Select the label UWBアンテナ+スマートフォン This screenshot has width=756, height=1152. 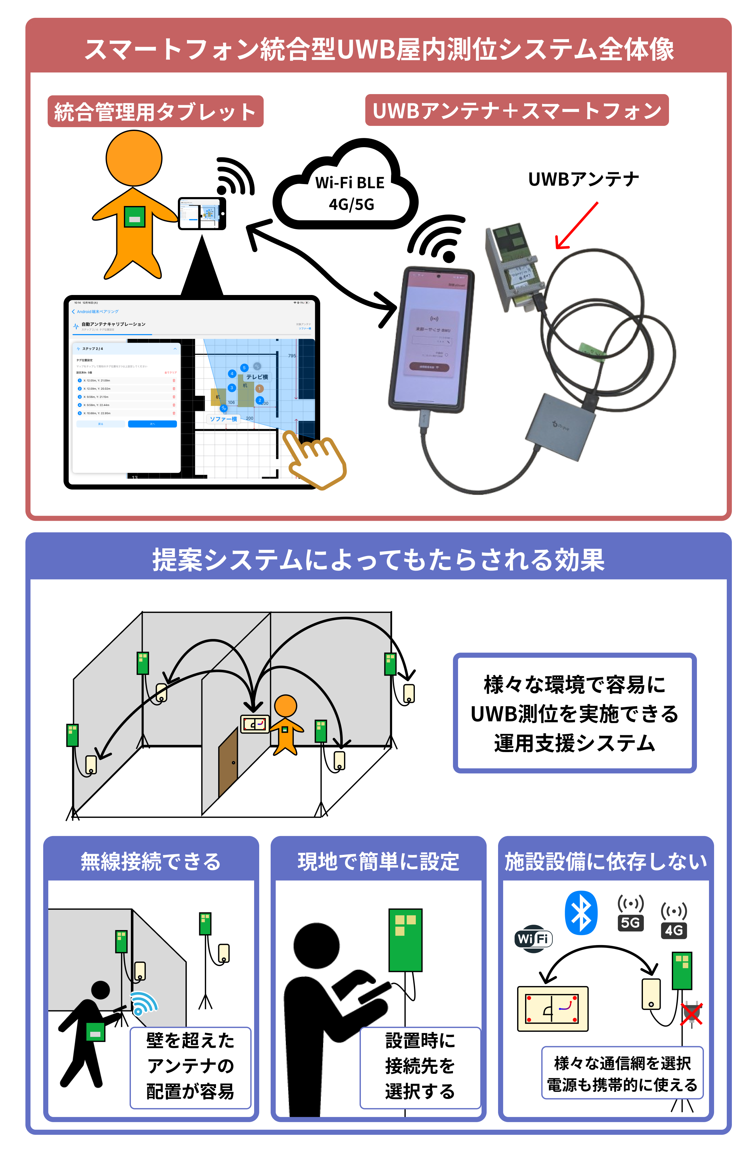pyautogui.click(x=516, y=110)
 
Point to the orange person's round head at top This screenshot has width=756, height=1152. pyautogui.click(x=134, y=158)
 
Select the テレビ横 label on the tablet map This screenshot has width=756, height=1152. pyautogui.click(x=257, y=377)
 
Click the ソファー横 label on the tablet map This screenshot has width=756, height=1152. pyautogui.click(x=223, y=419)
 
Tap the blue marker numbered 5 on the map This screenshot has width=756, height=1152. pyautogui.click(x=244, y=367)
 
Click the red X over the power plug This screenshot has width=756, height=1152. pyautogui.click(x=691, y=1014)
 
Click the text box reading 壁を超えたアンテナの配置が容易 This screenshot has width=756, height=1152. pyautogui.click(x=190, y=1066)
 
